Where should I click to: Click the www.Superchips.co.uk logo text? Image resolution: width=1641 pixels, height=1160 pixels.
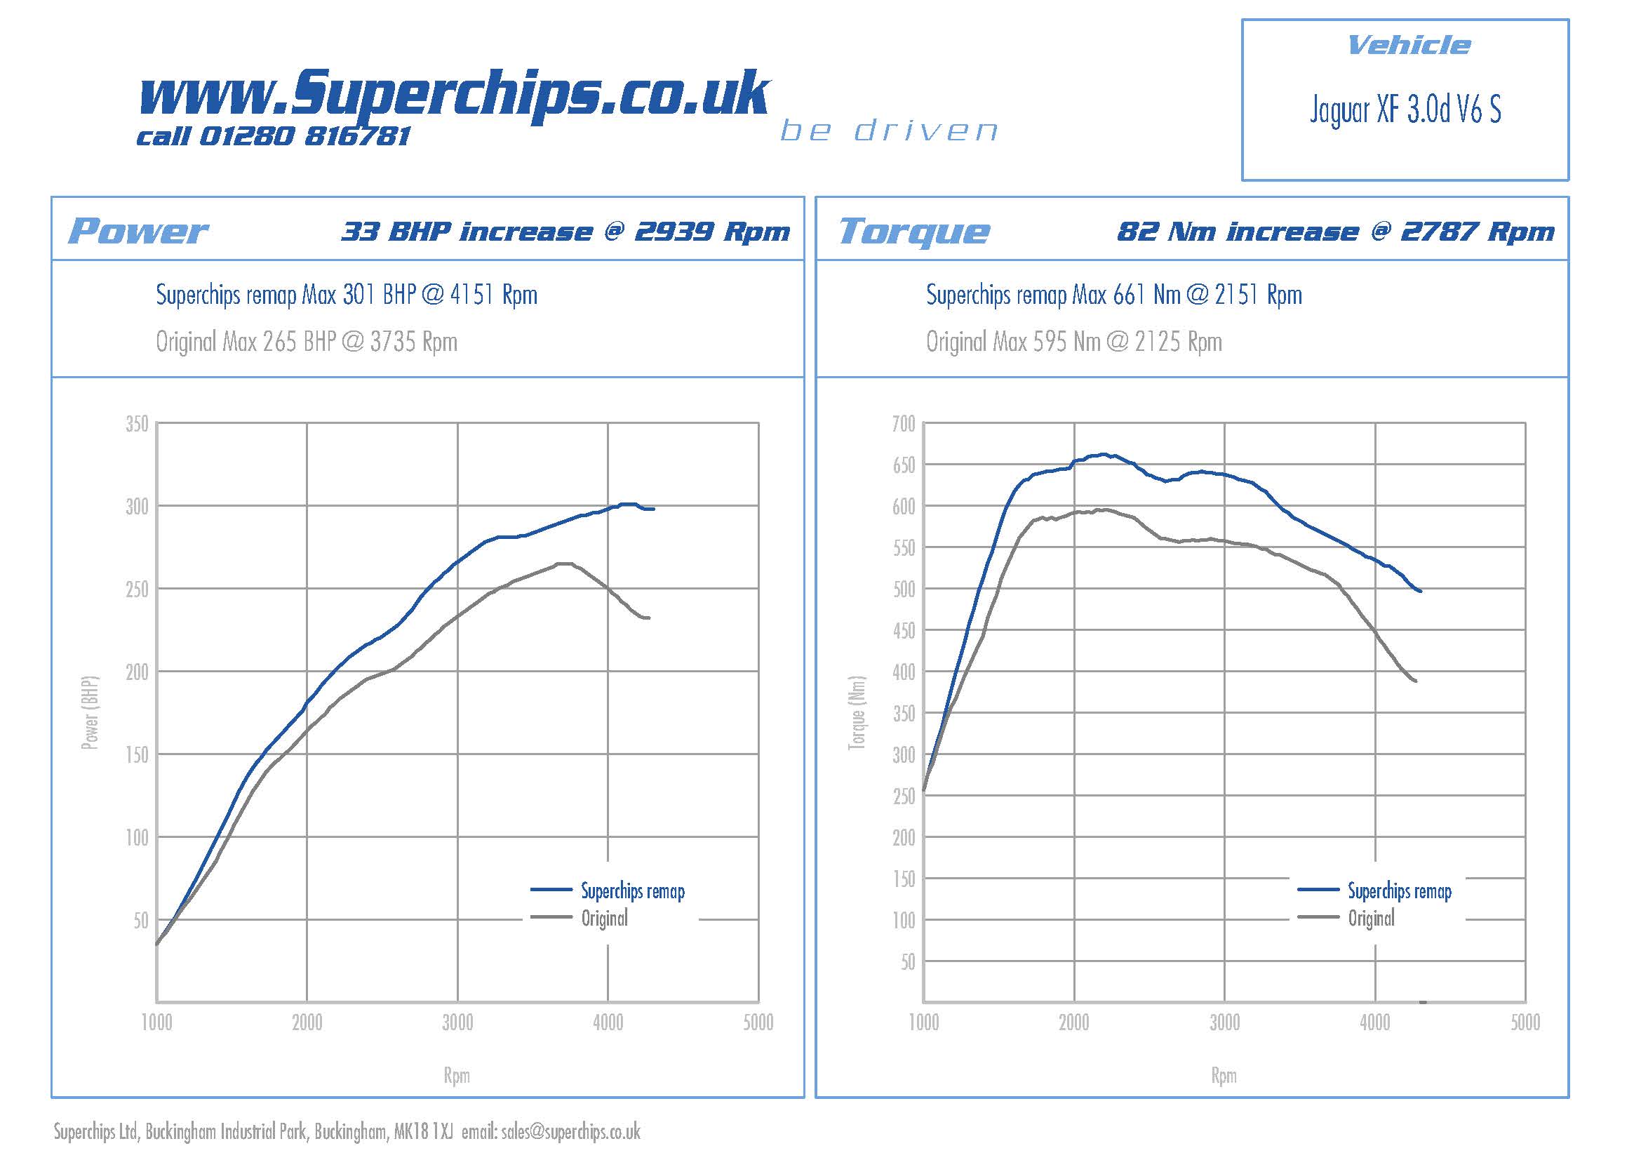point(454,95)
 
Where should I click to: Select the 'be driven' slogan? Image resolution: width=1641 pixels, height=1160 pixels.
point(888,131)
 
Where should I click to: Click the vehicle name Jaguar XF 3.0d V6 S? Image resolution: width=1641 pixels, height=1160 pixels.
point(1405,109)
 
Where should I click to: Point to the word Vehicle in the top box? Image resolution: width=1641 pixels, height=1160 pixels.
point(1408,46)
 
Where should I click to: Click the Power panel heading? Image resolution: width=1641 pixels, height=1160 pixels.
point(138,231)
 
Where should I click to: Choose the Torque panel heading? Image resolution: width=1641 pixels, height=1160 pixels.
point(913,231)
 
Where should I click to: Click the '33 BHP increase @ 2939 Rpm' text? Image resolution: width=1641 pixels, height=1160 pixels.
point(565,232)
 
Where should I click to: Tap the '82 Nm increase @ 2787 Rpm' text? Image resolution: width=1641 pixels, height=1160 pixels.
point(1335,232)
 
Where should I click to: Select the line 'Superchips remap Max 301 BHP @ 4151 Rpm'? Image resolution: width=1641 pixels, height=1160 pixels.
point(347,295)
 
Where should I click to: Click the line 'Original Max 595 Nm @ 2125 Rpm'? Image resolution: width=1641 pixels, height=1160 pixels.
point(1073,342)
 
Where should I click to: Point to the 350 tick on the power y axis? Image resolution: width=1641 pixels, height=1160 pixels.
point(137,424)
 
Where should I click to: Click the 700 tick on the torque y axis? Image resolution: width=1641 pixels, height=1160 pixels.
point(904,424)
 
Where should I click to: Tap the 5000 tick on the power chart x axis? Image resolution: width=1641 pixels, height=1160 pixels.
point(758,1022)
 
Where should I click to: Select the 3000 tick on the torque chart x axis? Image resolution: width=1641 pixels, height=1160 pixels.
point(1224,1022)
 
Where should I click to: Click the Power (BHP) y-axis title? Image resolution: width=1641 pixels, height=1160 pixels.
point(90,712)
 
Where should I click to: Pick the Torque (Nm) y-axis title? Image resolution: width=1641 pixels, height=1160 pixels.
point(857,712)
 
